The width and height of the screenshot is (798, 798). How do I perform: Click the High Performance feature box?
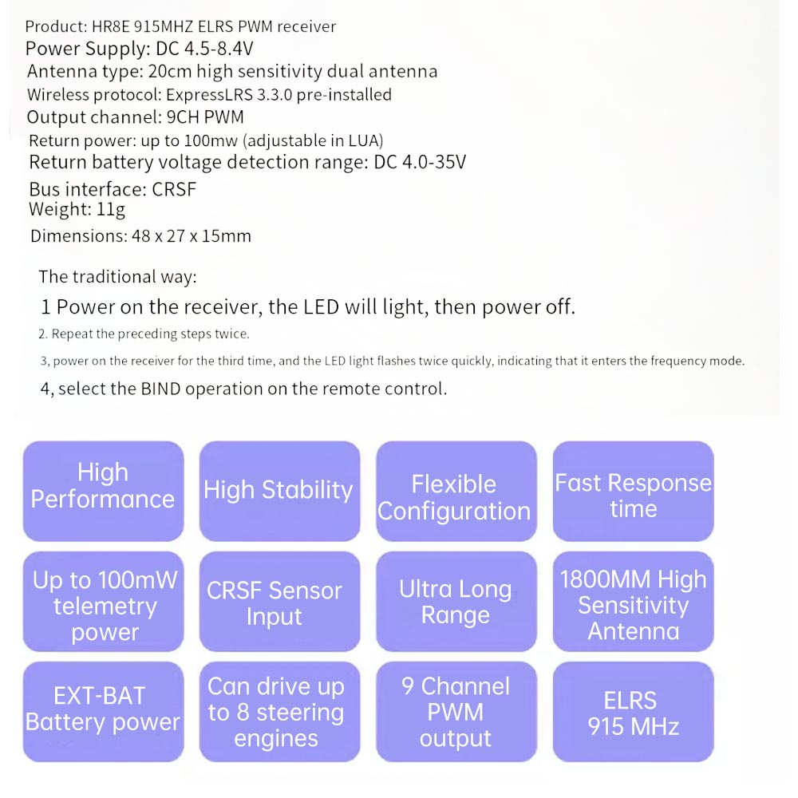point(103,491)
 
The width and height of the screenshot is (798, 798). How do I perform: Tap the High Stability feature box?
point(279,491)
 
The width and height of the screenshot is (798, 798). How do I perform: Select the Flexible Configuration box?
point(456,491)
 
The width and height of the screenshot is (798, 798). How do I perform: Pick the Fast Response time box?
point(633,491)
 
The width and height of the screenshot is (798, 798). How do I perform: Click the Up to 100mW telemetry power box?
point(103,602)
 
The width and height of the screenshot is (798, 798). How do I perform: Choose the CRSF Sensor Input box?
point(279,602)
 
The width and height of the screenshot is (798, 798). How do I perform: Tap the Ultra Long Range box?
point(456,602)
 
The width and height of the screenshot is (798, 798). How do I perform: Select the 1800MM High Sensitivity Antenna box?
point(633,602)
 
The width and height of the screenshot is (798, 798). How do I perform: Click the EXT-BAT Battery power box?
point(103,712)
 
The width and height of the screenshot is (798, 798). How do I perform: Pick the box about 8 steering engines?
point(279,712)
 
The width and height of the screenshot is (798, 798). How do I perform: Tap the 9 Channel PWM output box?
point(456,712)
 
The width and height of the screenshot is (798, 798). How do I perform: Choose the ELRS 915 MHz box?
point(633,712)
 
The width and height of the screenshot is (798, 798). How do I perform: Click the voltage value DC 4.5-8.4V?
point(204,49)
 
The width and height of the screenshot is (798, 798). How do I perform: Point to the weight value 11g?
point(110,210)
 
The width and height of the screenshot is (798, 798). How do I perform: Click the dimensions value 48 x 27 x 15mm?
point(192,236)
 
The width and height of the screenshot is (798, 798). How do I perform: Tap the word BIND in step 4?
point(161,389)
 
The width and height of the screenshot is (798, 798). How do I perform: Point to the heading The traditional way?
point(117,277)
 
